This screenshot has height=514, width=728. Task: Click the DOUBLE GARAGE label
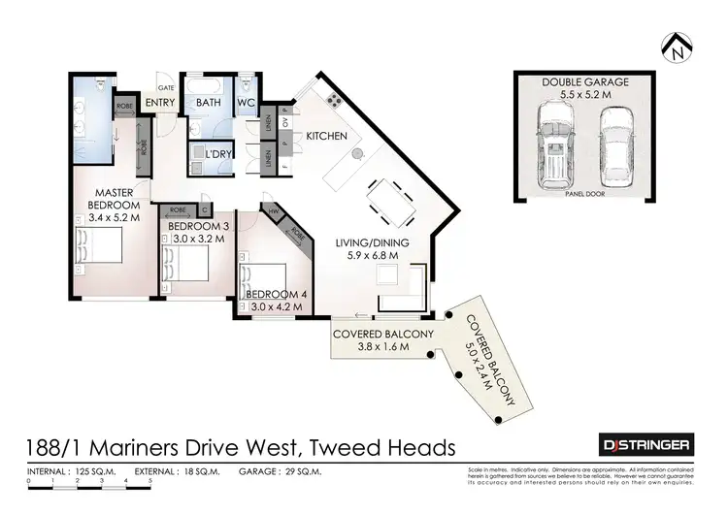click(x=584, y=82)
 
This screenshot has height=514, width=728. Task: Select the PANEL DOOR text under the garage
click(x=583, y=194)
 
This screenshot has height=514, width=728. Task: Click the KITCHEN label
click(x=326, y=137)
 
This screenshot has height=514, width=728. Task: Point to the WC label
click(x=246, y=102)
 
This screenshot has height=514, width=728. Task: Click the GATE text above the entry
click(x=166, y=86)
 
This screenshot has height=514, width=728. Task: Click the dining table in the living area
click(x=388, y=205)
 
